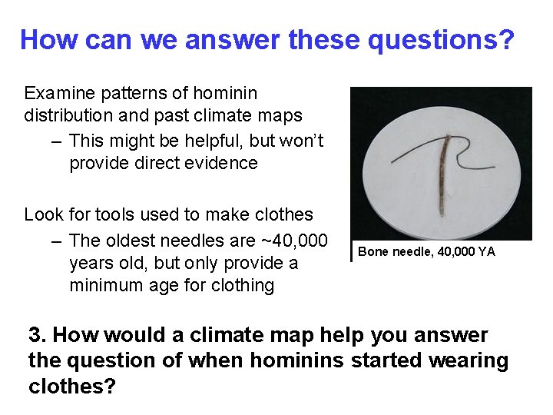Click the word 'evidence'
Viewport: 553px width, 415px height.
coord(223,164)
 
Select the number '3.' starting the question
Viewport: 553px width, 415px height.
coord(38,336)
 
